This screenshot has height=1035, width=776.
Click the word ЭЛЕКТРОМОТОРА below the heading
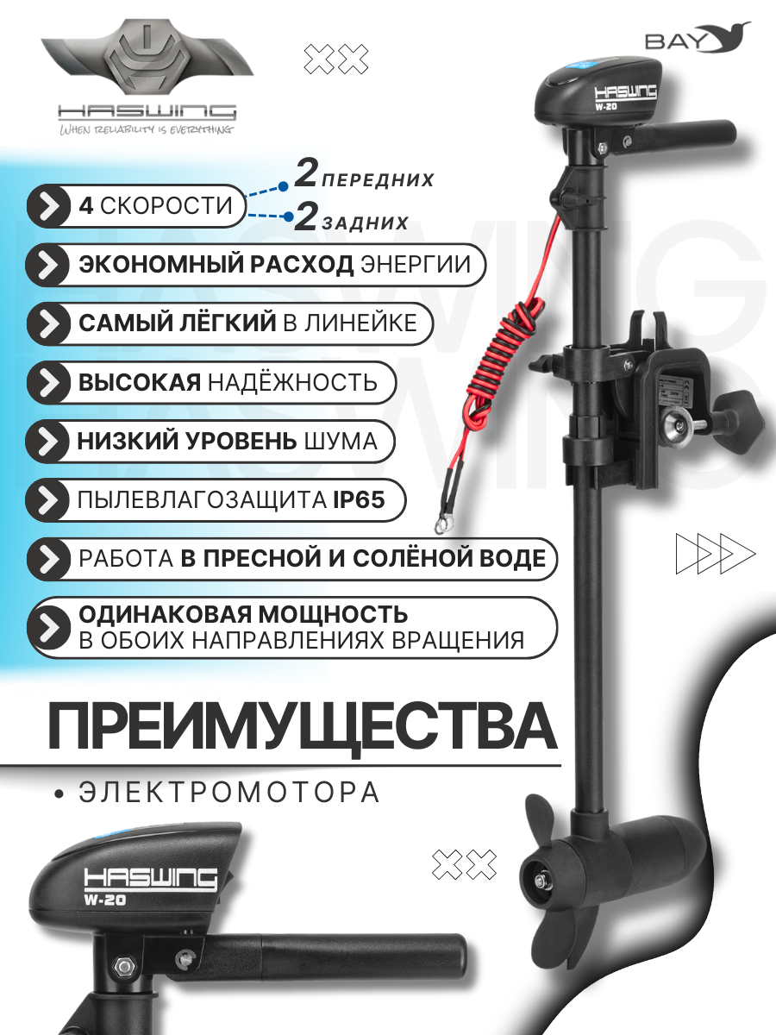click(229, 793)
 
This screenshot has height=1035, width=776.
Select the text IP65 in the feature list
click(359, 499)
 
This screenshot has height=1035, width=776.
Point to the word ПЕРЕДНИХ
click(379, 180)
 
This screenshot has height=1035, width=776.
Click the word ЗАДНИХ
click(365, 223)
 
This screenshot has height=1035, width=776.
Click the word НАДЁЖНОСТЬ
click(292, 382)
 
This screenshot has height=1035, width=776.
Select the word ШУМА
click(341, 442)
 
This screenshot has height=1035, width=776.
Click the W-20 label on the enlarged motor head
click(105, 900)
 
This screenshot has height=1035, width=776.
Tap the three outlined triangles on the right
click(716, 554)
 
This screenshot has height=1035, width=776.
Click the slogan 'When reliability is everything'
click(146, 129)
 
